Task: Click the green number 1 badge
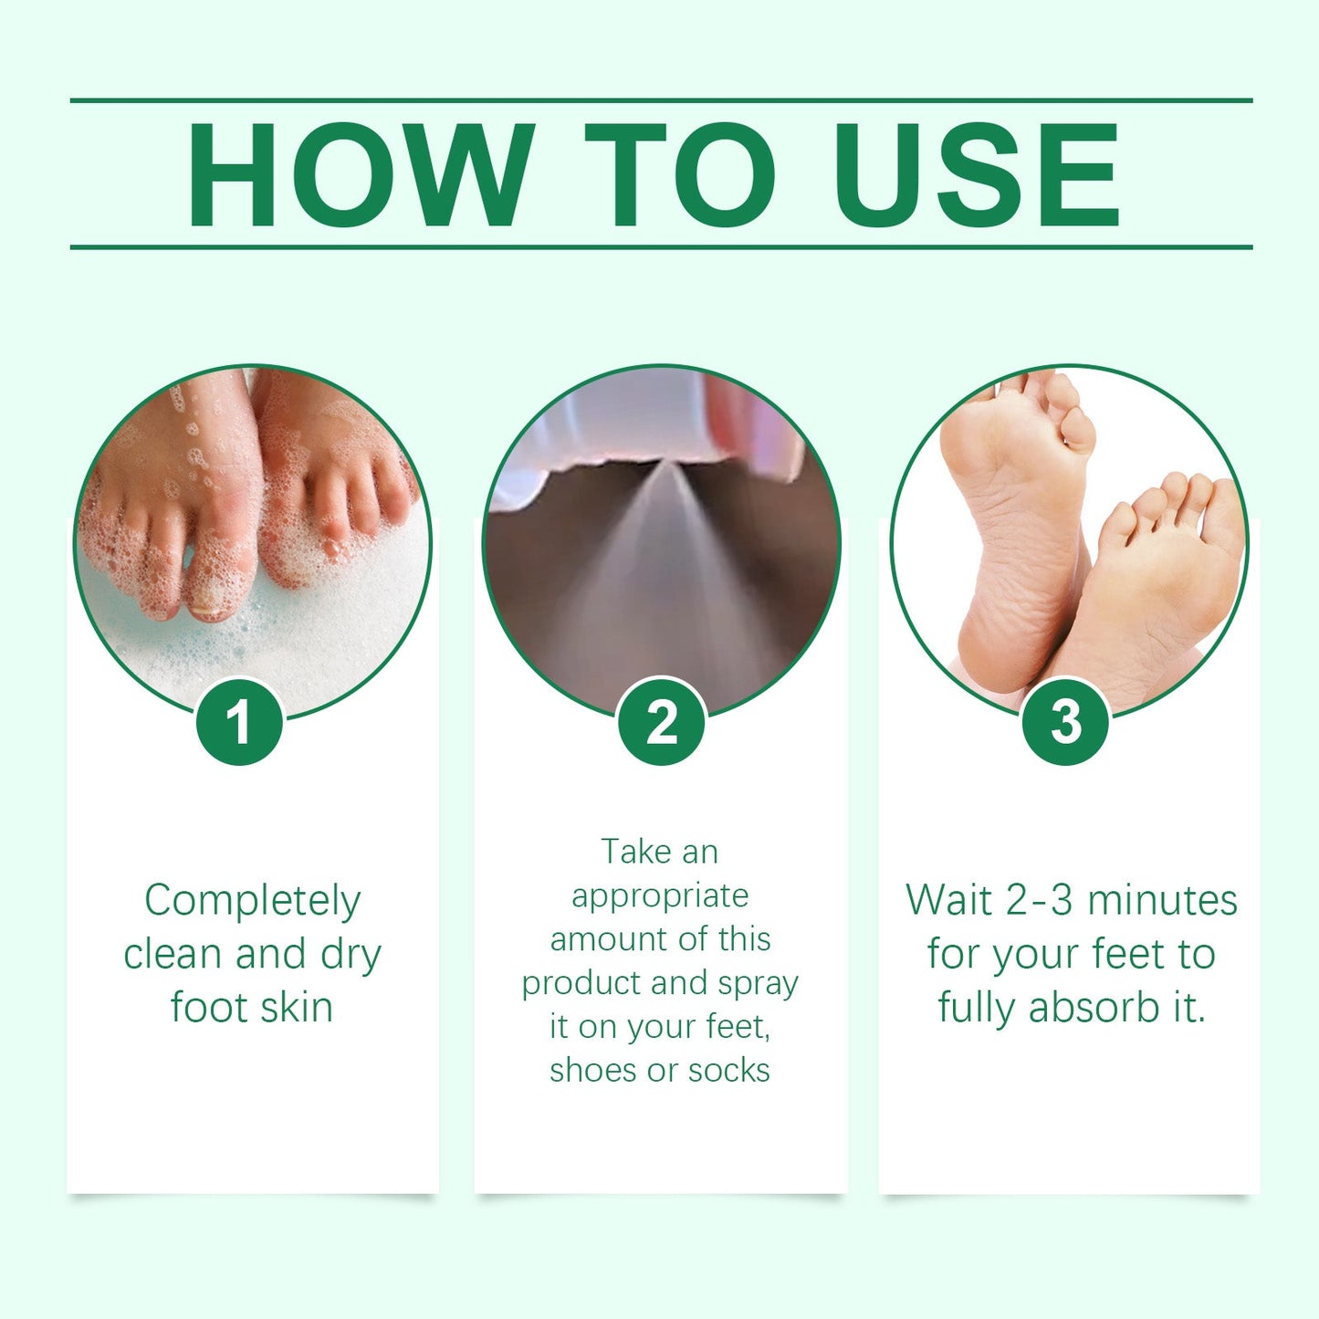[x=239, y=722]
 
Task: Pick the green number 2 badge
[x=662, y=722]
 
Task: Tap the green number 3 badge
[x=1065, y=722]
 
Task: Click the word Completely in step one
[x=252, y=902]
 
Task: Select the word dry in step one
[x=351, y=956]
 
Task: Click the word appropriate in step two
[x=660, y=896]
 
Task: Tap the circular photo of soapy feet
[x=252, y=529]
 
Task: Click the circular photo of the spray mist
[x=661, y=529]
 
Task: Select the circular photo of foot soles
[x=1069, y=529]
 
